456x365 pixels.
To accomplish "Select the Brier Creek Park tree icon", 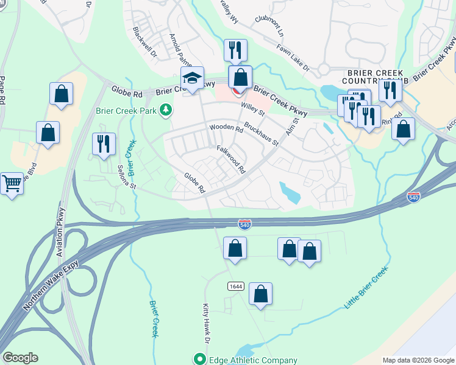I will (165, 110).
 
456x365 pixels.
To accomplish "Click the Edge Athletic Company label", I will (249, 359).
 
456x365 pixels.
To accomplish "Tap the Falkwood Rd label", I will (230, 159).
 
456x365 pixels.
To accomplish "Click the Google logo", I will (20, 358).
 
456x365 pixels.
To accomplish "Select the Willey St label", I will (252, 109).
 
